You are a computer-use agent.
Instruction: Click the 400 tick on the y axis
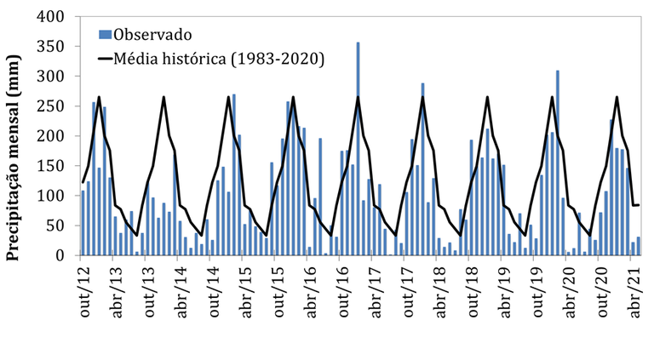52,17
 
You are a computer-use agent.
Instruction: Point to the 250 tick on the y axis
52,106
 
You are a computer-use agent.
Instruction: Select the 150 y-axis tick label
52,166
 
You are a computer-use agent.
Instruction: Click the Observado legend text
153,34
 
